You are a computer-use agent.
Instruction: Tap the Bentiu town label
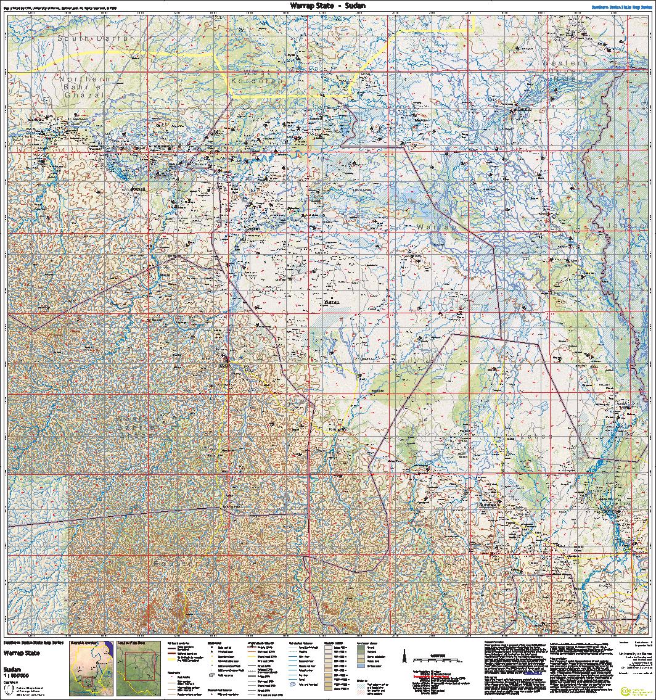tap(524, 109)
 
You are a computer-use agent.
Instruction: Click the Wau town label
tap(224, 366)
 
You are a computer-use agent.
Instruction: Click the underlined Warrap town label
tap(331, 302)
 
